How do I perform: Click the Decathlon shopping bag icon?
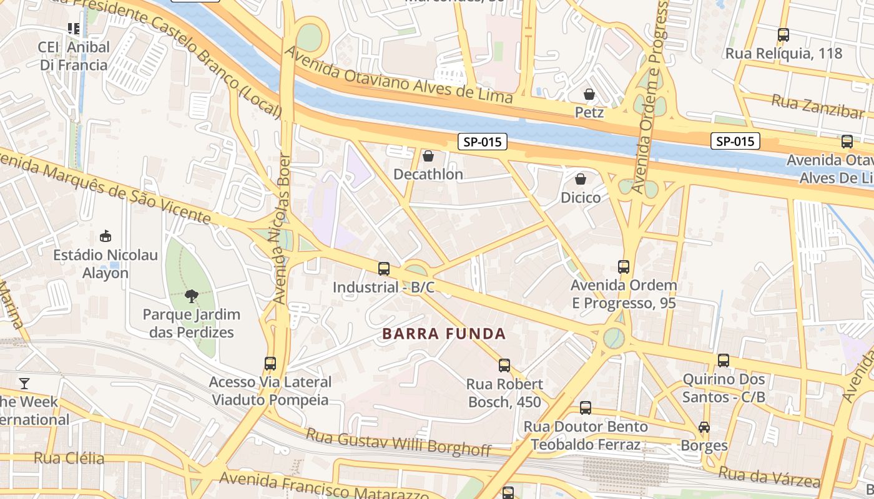[428, 156]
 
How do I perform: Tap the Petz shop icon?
[589, 94]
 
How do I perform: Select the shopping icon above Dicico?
[581, 179]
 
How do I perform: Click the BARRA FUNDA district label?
[444, 334]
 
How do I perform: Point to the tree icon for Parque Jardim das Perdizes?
[191, 296]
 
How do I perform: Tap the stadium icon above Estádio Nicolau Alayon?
[106, 236]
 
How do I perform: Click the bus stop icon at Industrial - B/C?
[384, 269]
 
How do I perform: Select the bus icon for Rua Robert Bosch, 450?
[504, 366]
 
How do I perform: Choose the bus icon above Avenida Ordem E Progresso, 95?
[624, 267]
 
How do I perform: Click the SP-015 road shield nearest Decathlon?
[483, 142]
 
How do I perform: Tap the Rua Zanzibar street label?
[817, 106]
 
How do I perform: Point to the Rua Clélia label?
[69, 458]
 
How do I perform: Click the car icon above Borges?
[704, 427]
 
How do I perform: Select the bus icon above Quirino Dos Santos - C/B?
[724, 361]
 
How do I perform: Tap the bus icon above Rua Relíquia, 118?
[783, 35]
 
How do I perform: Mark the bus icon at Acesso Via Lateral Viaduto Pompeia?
[270, 364]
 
